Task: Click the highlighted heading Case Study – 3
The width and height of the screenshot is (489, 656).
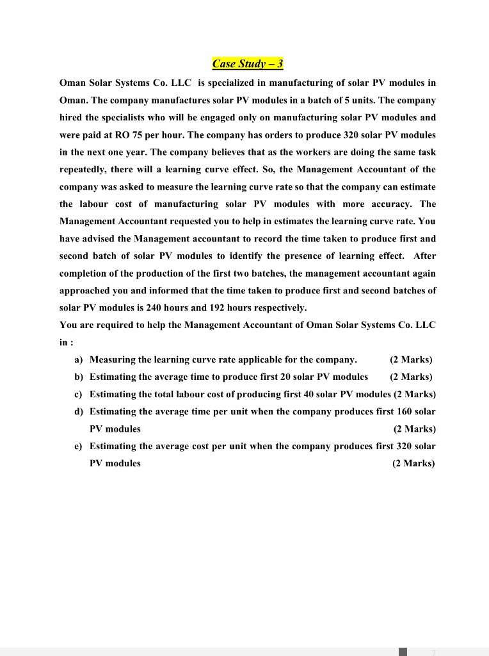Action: (248, 63)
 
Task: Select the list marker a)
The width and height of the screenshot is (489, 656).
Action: (79, 359)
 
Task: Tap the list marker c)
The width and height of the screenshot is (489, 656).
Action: (79, 394)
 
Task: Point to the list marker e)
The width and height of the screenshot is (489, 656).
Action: (79, 446)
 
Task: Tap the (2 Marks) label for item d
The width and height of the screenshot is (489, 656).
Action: (413, 429)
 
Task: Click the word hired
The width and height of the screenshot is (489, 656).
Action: (70, 118)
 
